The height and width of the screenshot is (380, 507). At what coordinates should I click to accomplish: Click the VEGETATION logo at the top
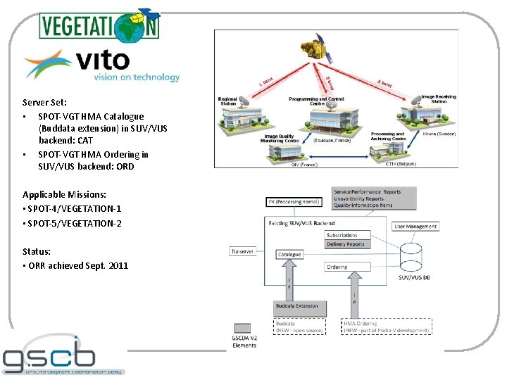point(99,25)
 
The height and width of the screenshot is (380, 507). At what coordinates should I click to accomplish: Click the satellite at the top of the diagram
point(317,49)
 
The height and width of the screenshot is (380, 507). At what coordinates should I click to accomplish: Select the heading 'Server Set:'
point(44,102)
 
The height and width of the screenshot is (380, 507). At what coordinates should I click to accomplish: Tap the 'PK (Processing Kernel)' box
point(296,202)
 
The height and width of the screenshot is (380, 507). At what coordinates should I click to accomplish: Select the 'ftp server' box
point(243,251)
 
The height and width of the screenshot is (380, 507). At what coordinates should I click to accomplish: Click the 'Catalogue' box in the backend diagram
point(289,254)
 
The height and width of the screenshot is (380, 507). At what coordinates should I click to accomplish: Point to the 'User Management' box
point(415,227)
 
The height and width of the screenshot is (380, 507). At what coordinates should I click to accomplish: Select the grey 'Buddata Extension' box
point(296,306)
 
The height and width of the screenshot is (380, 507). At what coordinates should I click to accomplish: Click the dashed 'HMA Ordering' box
point(387,327)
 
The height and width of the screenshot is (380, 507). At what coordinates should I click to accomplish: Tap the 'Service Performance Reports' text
point(367,191)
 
